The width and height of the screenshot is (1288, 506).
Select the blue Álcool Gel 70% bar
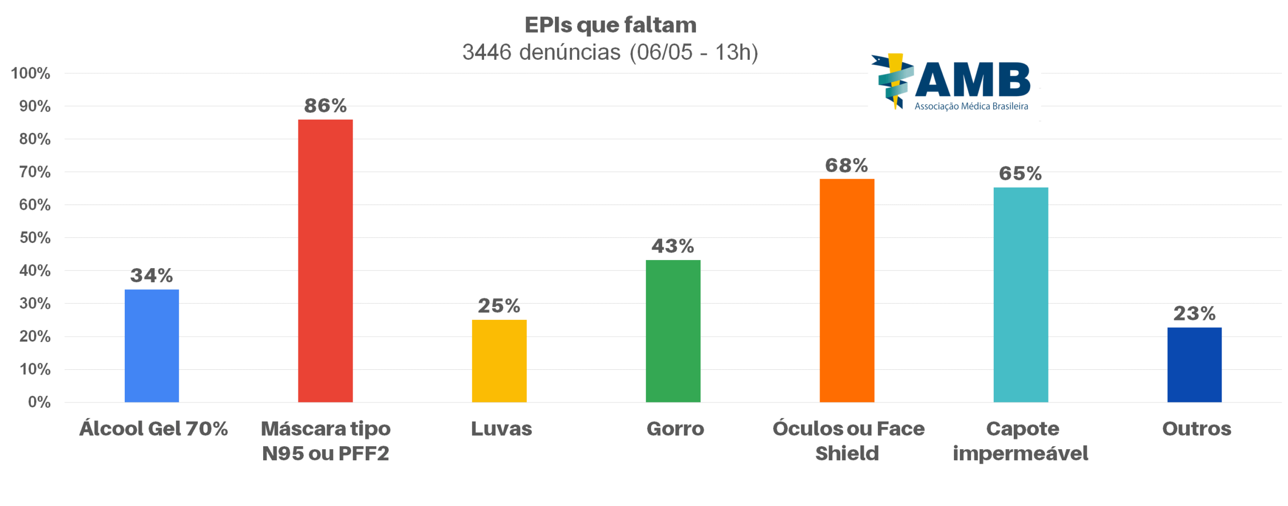[151, 346]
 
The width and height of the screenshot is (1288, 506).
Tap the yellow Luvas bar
[499, 361]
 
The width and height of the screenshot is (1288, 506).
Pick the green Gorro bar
[673, 331]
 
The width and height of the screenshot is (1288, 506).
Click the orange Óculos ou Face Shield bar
[847, 290]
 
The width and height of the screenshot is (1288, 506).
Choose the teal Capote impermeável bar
[1020, 295]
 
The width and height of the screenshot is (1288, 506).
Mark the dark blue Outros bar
[1194, 365]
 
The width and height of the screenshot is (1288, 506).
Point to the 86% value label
[325, 106]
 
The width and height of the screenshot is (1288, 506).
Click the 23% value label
[1194, 313]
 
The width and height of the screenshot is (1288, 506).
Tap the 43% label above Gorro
[673, 246]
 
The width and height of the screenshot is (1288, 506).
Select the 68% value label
[846, 165]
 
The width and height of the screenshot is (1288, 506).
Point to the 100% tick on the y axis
[31, 73]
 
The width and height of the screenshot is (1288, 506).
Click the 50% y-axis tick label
[35, 237]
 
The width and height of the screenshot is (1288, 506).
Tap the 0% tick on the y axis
[39, 402]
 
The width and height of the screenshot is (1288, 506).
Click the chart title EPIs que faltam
[610, 25]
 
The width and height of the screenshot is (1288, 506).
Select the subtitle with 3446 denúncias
[610, 52]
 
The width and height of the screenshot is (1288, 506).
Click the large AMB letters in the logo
[972, 80]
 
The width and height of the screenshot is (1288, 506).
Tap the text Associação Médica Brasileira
[971, 106]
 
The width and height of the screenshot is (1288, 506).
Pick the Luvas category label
[501, 429]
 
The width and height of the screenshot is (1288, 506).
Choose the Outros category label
[1196, 429]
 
